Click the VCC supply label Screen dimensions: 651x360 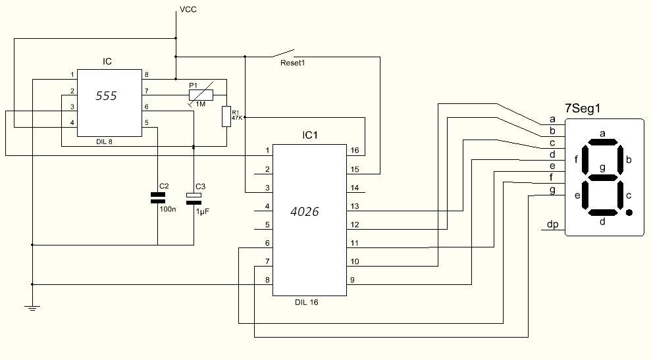pyautogui.click(x=188, y=10)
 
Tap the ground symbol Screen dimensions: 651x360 pyautogui.click(x=32, y=308)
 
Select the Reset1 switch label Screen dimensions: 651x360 pyautogui.click(x=293, y=63)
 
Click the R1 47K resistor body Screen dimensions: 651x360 pyautogui.click(x=226, y=116)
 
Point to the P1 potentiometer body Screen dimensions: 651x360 pyautogui.click(x=201, y=95)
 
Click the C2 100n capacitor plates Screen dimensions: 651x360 pyautogui.click(x=158, y=197)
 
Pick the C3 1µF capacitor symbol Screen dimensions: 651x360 pyautogui.click(x=194, y=198)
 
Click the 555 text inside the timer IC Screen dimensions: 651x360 pyautogui.click(x=106, y=96)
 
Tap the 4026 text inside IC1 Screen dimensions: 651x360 pyautogui.click(x=305, y=212)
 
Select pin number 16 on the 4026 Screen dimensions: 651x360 pyautogui.click(x=355, y=150)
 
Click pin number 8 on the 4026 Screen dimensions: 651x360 pyautogui.click(x=267, y=280)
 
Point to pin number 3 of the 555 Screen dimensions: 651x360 pyautogui.click(x=72, y=107)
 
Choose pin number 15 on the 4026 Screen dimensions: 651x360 pyautogui.click(x=355, y=169)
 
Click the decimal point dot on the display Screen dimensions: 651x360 pyautogui.click(x=629, y=213)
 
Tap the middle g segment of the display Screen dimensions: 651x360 pyautogui.click(x=602, y=177)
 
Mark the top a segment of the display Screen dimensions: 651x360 pyautogui.click(x=602, y=142)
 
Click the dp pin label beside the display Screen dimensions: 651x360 pyautogui.click(x=553, y=224)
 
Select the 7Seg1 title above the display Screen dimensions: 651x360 pyautogui.click(x=583, y=109)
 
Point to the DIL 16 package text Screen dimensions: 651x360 pyautogui.click(x=306, y=302)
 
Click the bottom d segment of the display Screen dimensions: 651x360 pyautogui.click(x=602, y=213)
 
